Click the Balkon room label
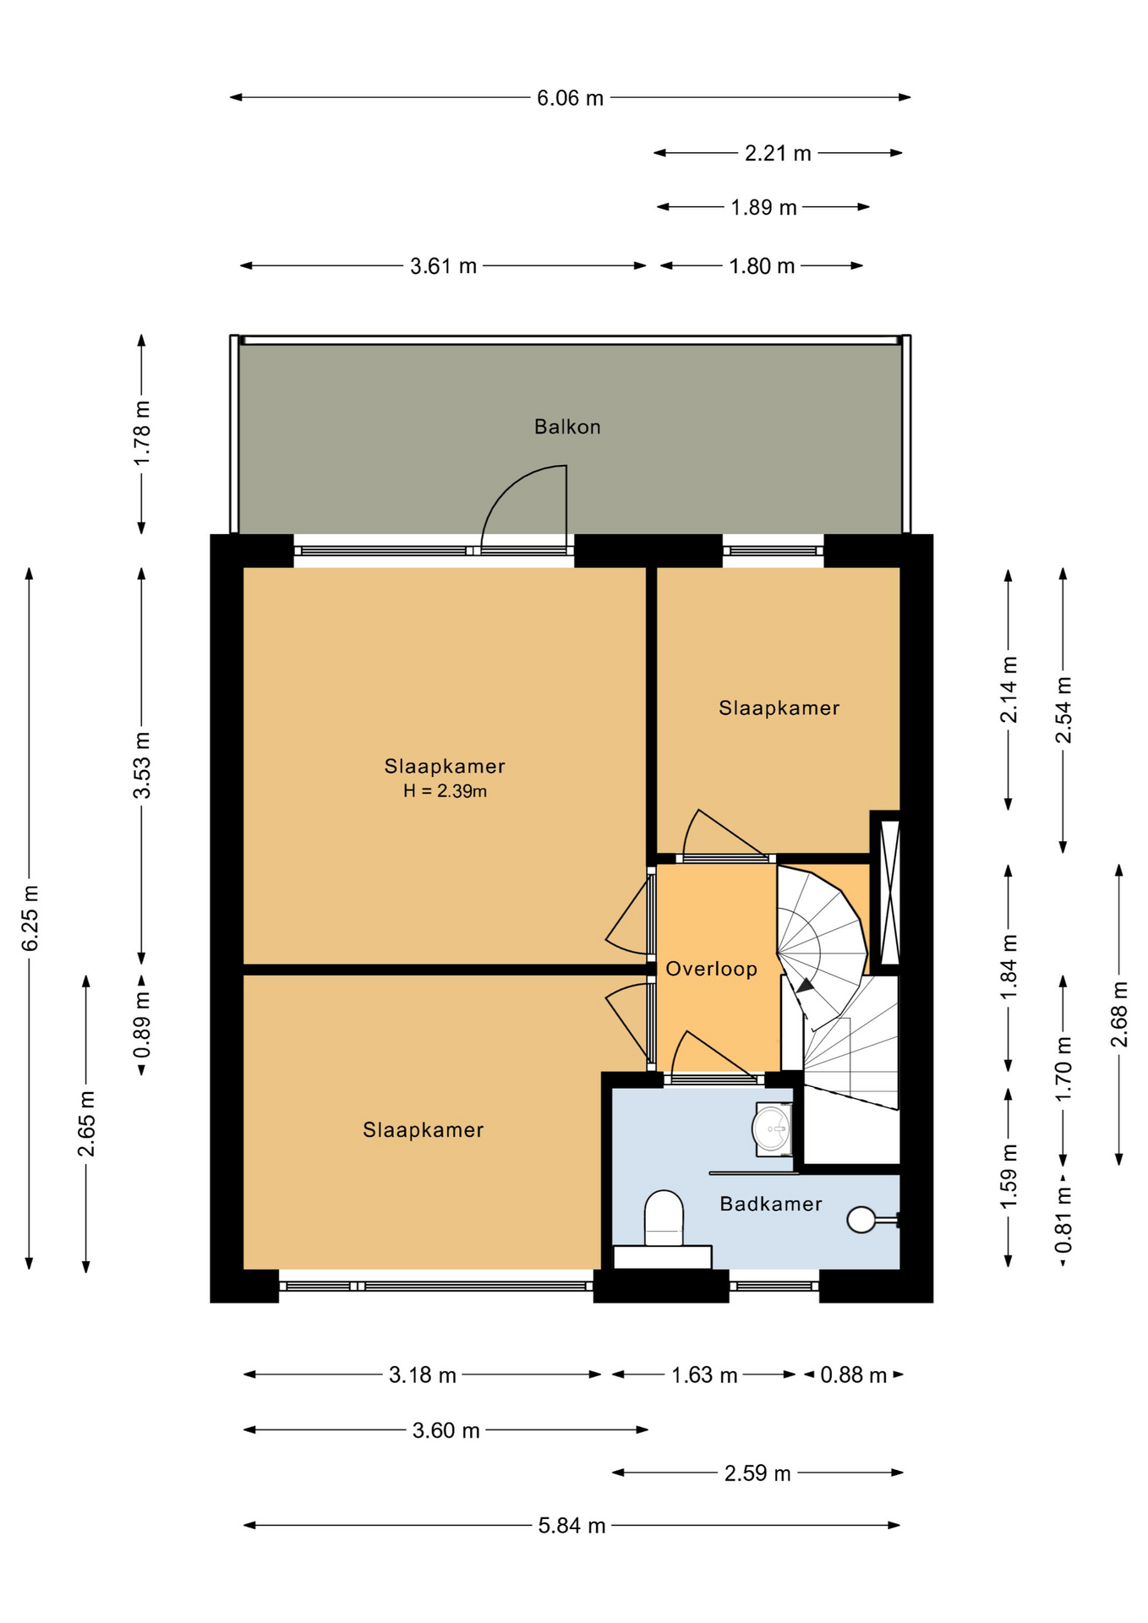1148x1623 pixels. [567, 427]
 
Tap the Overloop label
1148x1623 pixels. [711, 969]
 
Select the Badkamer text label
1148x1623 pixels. [771, 1204]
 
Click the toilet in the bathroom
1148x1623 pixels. [664, 1219]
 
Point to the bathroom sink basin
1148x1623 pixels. [771, 1128]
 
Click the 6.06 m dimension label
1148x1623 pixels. [571, 98]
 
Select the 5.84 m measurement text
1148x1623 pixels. [572, 1526]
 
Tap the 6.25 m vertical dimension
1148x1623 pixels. [30, 919]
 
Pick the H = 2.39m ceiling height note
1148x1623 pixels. [445, 792]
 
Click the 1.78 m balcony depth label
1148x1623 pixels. [142, 432]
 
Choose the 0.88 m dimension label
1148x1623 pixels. [854, 1375]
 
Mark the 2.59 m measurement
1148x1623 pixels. [757, 1473]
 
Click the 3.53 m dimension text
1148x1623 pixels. [142, 766]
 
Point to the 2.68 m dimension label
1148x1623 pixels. [1119, 1014]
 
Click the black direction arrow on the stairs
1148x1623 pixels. [805, 986]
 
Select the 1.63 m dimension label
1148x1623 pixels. [705, 1375]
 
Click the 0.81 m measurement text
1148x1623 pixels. [1063, 1220]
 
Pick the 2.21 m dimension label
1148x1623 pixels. [778, 153]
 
